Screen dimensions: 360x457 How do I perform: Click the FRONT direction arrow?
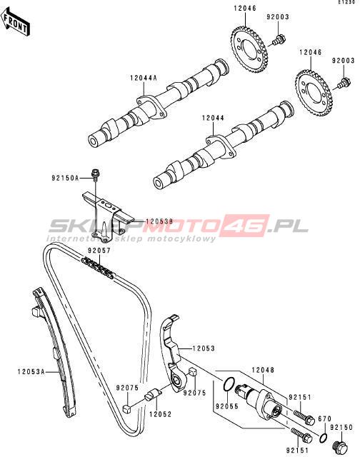point(16,22)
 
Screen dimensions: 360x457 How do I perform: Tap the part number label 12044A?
point(144,78)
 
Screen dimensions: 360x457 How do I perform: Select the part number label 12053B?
point(159,221)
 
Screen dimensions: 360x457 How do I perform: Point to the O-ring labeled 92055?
point(229,384)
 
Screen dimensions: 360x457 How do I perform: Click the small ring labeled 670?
point(324,438)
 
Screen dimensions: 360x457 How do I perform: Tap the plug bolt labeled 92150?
point(341,446)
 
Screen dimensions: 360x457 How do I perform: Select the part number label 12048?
point(263,370)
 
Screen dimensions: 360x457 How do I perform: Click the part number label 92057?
point(99,251)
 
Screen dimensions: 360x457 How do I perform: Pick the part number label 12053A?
point(31,371)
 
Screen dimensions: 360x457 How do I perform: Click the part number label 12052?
point(160,414)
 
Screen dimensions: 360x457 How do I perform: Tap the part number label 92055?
point(226,406)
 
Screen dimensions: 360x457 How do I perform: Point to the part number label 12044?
point(213,118)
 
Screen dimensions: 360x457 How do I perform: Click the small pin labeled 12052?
point(153,395)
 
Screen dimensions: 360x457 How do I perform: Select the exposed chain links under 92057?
point(98,268)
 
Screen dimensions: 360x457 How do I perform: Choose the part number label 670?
point(324,419)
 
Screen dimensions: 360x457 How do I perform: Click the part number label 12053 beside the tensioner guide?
point(204,348)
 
